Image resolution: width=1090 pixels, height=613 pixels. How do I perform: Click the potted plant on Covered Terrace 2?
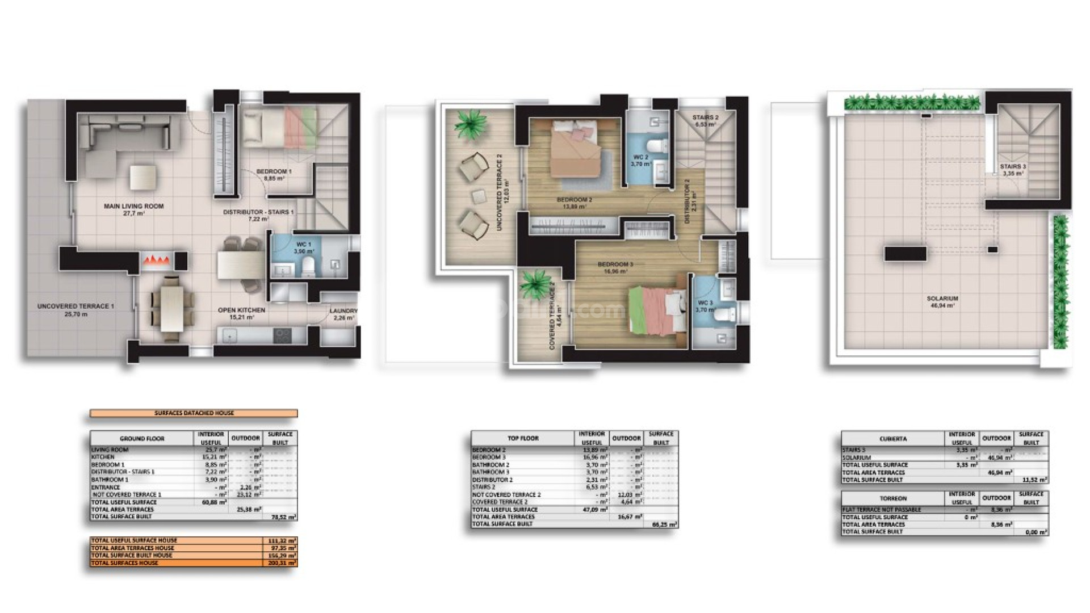[x=533, y=282]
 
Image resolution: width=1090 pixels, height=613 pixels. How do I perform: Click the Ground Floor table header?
[x=142, y=439]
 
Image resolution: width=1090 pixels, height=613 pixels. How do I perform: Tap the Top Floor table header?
[x=523, y=438]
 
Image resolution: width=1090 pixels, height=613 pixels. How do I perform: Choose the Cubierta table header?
[x=893, y=439]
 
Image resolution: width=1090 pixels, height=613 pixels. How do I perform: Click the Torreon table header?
[x=893, y=498]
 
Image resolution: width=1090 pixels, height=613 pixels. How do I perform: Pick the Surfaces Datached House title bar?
[x=194, y=413]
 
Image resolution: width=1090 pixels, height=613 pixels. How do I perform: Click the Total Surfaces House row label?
[x=125, y=563]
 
